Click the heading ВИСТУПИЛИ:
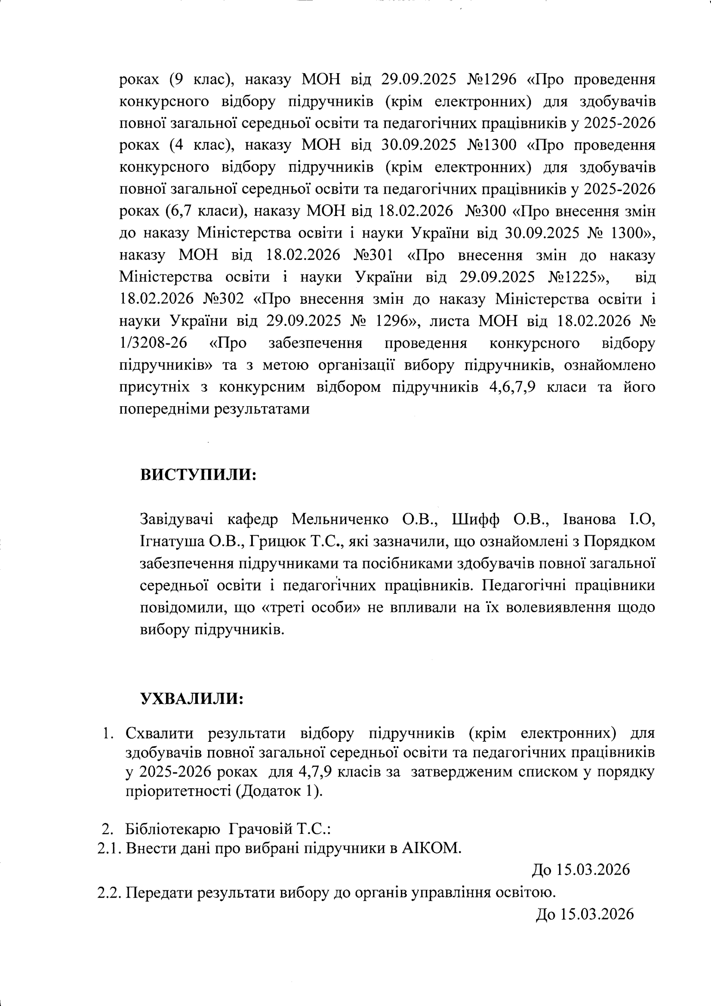click(198, 475)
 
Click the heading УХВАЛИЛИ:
click(191, 698)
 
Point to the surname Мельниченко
click(340, 519)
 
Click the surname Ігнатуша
click(172, 542)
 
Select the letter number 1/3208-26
click(153, 343)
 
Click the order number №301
click(373, 255)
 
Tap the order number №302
click(224, 299)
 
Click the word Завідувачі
click(176, 519)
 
